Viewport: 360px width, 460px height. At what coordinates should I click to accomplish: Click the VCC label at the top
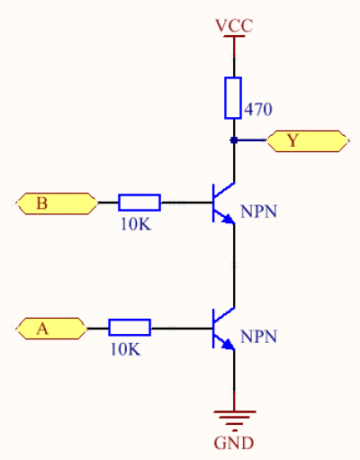[234, 25]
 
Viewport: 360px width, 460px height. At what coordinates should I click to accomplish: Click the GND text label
[234, 443]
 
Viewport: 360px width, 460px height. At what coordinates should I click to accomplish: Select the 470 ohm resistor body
[233, 98]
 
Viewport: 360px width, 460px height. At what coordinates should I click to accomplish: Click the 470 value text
[258, 109]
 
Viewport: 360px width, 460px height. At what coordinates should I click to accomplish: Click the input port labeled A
[50, 329]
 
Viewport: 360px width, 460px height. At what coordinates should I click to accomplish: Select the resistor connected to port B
[139, 203]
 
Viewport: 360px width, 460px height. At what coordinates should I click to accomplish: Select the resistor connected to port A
[130, 329]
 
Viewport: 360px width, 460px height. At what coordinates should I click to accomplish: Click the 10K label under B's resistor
[136, 223]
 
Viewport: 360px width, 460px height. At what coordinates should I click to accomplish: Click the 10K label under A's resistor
[125, 349]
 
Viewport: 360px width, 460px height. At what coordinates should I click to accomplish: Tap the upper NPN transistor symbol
[220, 203]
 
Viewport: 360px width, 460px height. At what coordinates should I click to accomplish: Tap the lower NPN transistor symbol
[220, 329]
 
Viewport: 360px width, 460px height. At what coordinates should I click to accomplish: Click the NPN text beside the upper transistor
[259, 213]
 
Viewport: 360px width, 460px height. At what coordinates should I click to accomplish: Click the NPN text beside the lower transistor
[259, 338]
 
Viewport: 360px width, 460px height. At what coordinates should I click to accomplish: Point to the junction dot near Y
[234, 140]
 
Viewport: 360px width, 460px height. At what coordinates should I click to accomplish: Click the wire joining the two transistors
[234, 266]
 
